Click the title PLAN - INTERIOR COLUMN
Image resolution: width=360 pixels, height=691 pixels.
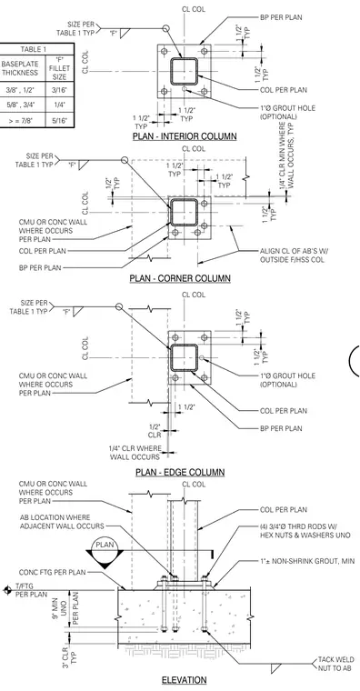click(185, 136)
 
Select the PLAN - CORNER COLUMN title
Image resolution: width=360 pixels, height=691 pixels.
click(180, 278)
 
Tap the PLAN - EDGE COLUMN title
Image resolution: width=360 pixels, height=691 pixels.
click(180, 473)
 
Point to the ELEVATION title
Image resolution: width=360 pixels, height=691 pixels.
click(185, 680)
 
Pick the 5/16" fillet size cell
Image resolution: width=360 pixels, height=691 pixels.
click(59, 120)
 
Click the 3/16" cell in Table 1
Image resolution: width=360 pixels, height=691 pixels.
click(59, 89)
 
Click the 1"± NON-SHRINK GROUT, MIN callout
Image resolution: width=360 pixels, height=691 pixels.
click(307, 561)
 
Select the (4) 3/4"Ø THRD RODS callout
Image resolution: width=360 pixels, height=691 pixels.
click(305, 531)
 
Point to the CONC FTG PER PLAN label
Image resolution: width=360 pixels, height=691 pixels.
click(52, 573)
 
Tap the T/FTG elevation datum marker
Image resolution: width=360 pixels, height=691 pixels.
click(6, 590)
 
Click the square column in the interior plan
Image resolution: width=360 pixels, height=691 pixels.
click(185, 71)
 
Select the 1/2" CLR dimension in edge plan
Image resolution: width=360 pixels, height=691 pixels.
click(155, 431)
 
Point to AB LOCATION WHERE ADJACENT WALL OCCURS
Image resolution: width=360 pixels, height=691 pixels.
click(62, 521)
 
